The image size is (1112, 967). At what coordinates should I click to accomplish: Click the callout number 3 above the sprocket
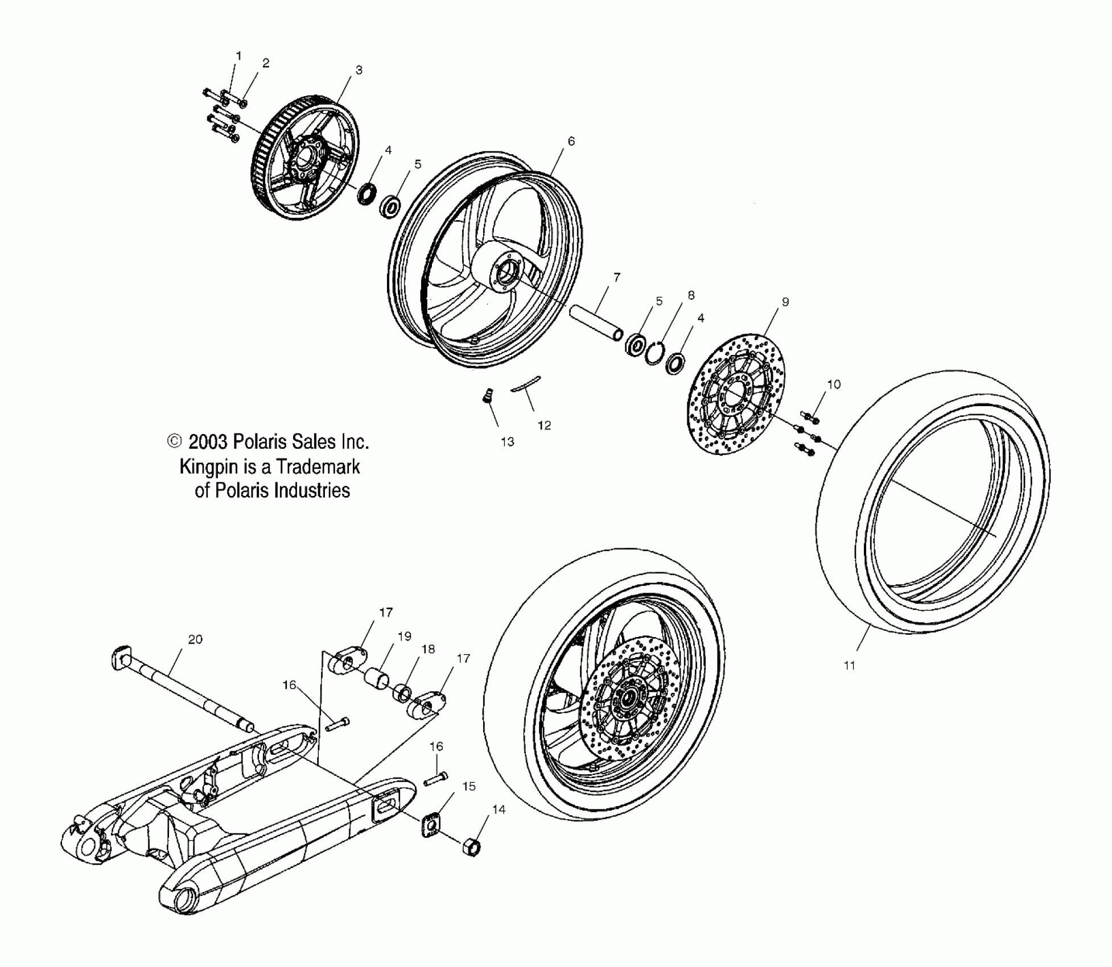(359, 70)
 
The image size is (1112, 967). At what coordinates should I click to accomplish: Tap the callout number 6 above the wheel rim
(571, 141)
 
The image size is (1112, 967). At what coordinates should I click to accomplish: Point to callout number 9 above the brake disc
(785, 302)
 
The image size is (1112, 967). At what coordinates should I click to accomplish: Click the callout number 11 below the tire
(849, 665)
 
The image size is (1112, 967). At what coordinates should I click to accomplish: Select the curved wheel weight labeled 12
(526, 383)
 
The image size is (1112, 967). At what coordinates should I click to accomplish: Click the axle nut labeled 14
(472, 846)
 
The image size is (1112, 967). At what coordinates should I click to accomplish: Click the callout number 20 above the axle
(195, 639)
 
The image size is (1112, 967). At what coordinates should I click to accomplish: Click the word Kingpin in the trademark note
(205, 467)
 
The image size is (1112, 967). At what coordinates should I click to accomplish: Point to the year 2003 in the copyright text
(208, 442)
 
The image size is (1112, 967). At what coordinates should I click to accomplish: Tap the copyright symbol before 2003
(175, 441)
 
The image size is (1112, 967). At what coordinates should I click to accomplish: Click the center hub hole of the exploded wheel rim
(504, 274)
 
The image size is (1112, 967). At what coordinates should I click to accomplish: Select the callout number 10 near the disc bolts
(833, 385)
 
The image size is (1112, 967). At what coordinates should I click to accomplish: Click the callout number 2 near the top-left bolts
(266, 63)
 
